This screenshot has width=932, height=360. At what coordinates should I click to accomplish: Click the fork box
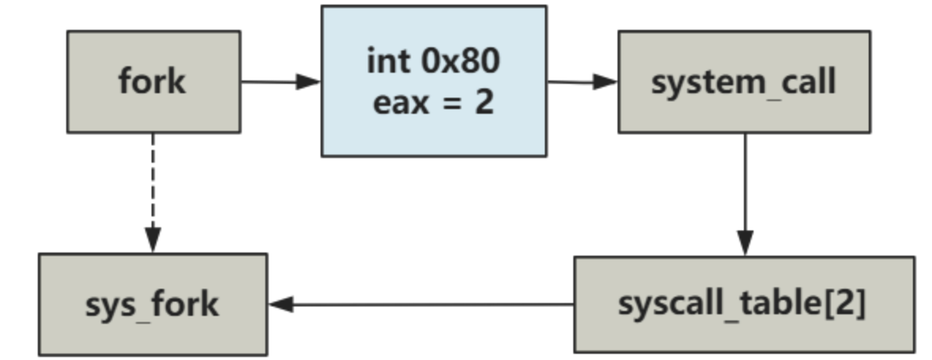coord(153,81)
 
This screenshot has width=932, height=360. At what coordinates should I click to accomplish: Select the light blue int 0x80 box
coord(433,81)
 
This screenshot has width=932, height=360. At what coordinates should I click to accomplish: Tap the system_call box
coord(743,81)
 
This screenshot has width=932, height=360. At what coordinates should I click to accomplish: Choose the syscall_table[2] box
coord(743,304)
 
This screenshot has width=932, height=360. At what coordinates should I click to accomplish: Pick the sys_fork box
coord(152,304)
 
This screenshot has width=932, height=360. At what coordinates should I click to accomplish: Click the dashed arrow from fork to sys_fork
coord(153,189)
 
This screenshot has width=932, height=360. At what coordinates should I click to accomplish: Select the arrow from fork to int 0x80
coord(276,81)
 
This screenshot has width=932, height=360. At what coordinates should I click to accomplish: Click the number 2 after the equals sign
coord(484,103)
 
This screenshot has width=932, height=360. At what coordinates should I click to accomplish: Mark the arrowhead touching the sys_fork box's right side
coord(280,304)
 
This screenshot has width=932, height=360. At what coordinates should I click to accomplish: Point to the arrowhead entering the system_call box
coord(606,81)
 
